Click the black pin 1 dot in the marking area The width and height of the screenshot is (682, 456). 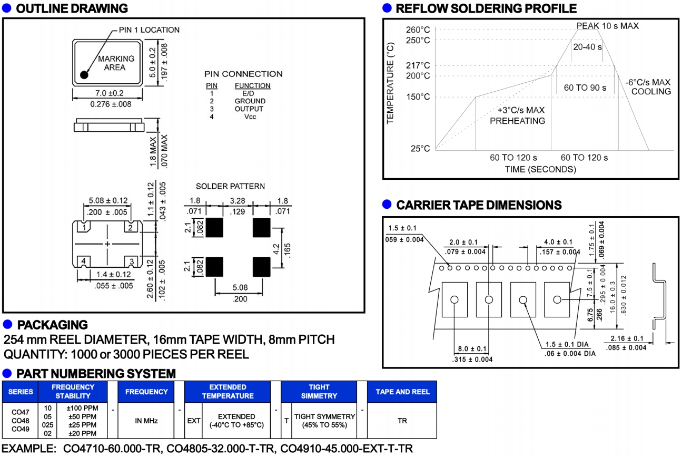click(84, 75)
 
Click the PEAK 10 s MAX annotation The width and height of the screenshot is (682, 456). click(607, 25)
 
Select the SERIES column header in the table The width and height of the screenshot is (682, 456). click(21, 392)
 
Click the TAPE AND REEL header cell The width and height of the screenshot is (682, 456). click(402, 392)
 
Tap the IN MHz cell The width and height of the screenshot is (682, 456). click(146, 421)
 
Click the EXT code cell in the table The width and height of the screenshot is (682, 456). click(193, 421)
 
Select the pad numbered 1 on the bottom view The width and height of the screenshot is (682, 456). click(83, 228)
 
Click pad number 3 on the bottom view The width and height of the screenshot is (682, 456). click(132, 261)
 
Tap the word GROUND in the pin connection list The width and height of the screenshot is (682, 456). click(250, 101)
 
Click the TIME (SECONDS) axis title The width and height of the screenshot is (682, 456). click(540, 169)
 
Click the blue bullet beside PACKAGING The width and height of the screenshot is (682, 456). click(7, 324)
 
